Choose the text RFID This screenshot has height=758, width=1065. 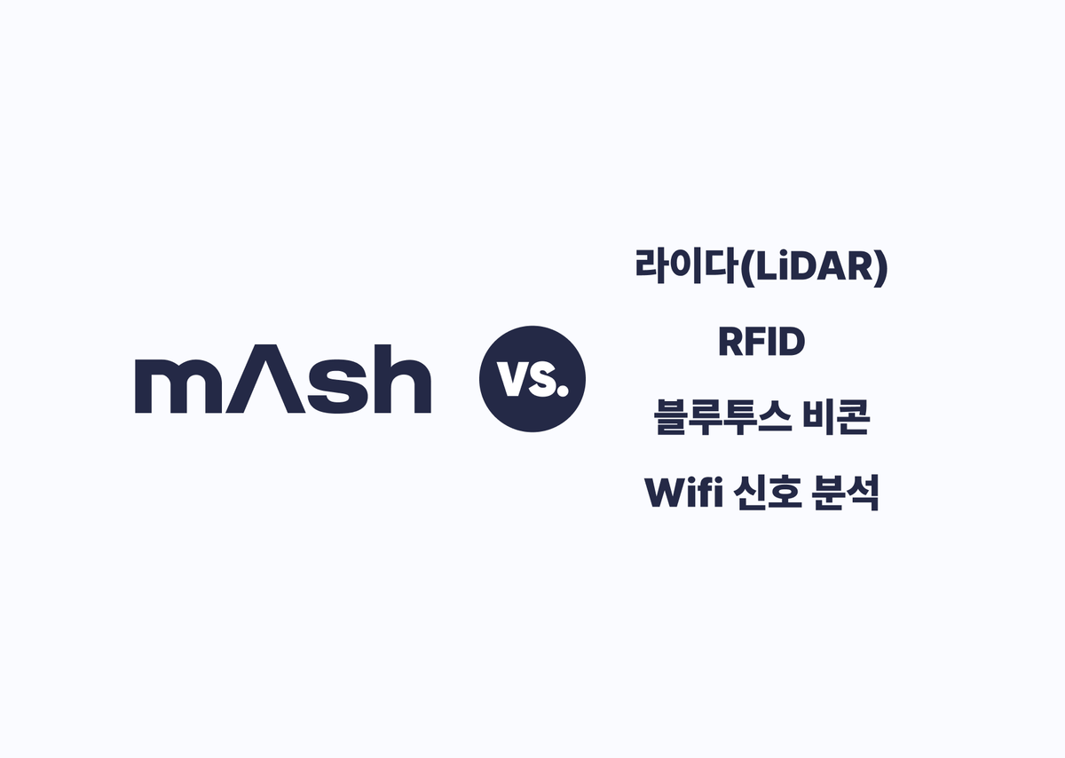[761, 343]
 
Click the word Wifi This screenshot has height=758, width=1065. [682, 493]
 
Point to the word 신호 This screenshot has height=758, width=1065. [764, 493]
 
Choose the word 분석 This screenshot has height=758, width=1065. [846, 493]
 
